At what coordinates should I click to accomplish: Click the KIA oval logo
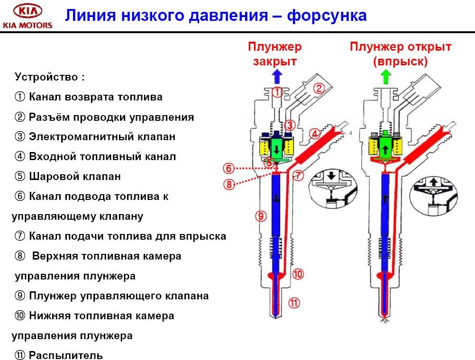tap(27, 11)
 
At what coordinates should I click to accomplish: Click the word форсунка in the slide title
tap(327, 15)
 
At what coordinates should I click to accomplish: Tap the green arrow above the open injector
tap(387, 76)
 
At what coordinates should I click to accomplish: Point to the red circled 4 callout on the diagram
tap(313, 134)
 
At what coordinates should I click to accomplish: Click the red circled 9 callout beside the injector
tap(261, 216)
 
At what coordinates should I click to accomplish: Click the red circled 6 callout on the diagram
tap(229, 168)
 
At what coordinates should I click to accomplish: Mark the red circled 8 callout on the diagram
tap(229, 185)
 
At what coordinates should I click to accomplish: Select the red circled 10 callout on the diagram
tap(298, 274)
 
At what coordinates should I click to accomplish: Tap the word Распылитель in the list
tap(65, 355)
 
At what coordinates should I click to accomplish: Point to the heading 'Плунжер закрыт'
tap(274, 54)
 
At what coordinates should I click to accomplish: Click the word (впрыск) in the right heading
tap(400, 62)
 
